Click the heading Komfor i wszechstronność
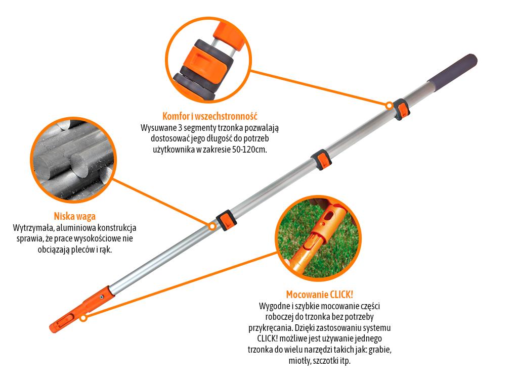210,116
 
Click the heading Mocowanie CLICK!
319,294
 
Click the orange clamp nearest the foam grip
402,109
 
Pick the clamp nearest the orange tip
226,220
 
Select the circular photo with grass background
318,239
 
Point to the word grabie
378,350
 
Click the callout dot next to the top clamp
388,106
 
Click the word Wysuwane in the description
157,127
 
